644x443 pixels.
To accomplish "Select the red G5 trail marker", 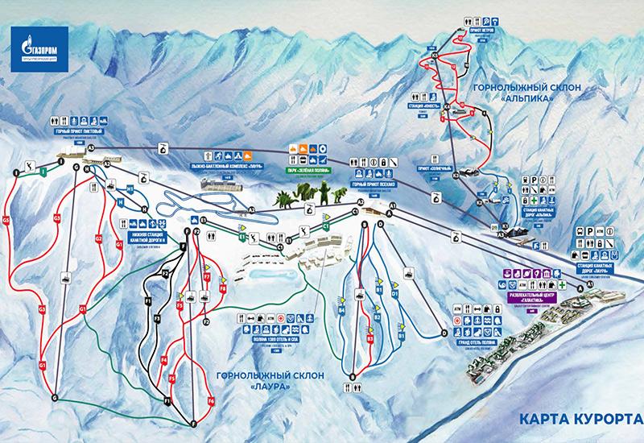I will click(6, 219).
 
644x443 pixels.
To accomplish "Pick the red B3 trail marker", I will click(370, 339).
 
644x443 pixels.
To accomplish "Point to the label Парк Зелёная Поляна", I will click(306, 170).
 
